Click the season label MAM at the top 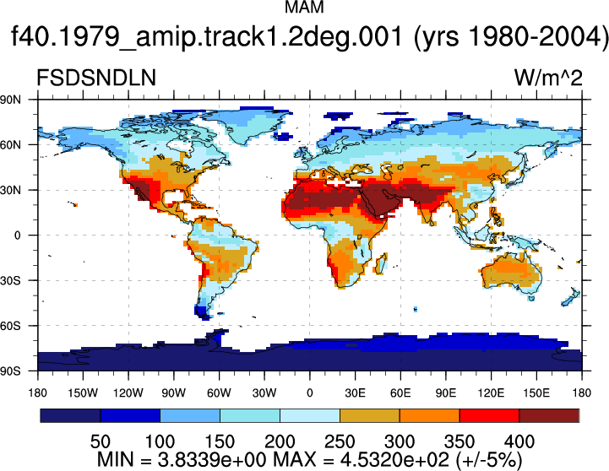(x=304, y=7)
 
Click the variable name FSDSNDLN (x=96, y=78)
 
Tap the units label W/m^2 (x=548, y=78)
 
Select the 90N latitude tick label (x=10, y=100)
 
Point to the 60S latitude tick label (x=10, y=326)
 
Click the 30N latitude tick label (x=10, y=190)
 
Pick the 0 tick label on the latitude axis (x=17, y=235)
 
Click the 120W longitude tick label (x=128, y=393)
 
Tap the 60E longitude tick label (x=400, y=393)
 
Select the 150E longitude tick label (x=536, y=393)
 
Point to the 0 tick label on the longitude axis (x=309, y=393)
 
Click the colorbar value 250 (x=340, y=441)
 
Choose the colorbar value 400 (x=519, y=441)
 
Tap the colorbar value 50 (x=101, y=441)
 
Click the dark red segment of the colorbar (x=549, y=415)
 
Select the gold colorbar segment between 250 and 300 (x=370, y=415)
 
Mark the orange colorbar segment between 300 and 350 (x=430, y=415)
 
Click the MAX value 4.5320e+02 (x=394, y=460)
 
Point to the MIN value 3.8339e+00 (x=213, y=460)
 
